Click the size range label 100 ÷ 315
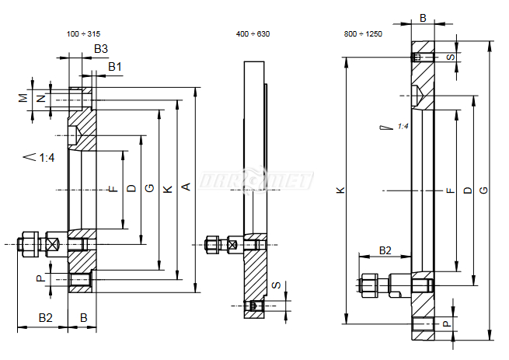(83, 33)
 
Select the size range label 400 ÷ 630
(253, 33)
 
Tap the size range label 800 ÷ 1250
(363, 33)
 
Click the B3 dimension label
(101, 49)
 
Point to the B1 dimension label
(115, 67)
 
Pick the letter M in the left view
(23, 98)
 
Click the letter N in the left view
(41, 98)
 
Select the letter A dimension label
(186, 187)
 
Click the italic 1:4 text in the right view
(403, 126)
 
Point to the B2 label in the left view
(45, 317)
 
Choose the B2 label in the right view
(385, 250)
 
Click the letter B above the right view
(423, 18)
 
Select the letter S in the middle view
(276, 285)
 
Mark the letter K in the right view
(340, 190)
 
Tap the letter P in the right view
(447, 323)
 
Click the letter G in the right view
(483, 190)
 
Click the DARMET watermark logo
(256, 180)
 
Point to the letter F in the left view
(113, 189)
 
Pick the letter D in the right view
(468, 190)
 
